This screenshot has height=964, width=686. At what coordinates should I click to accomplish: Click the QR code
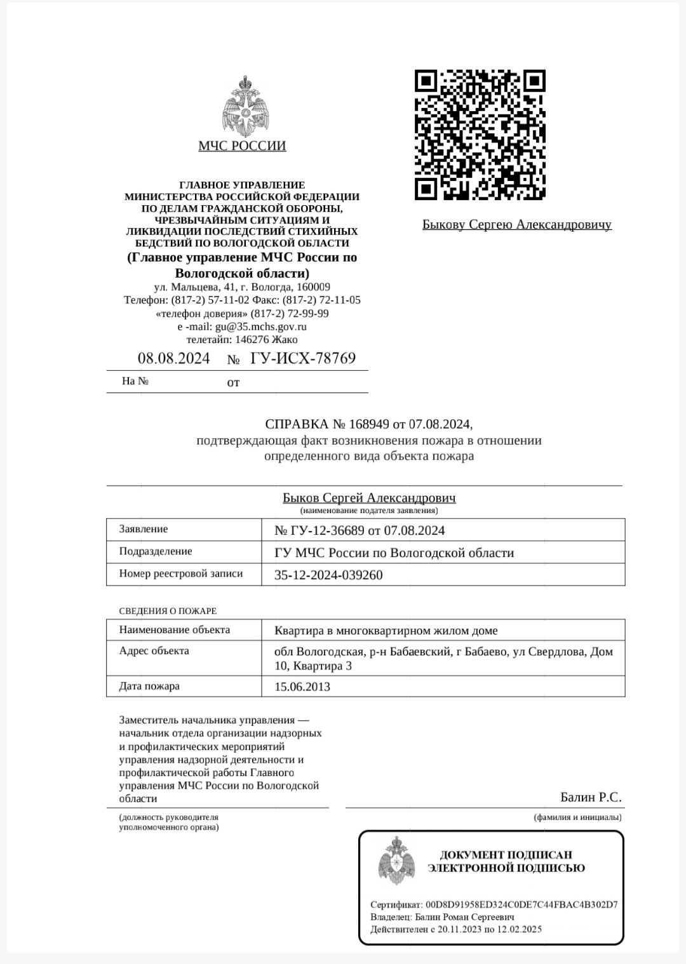pyautogui.click(x=480, y=135)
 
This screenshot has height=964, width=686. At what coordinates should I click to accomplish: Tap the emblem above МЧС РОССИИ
pyautogui.click(x=242, y=106)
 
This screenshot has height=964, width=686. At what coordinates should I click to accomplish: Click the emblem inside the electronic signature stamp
pyautogui.click(x=396, y=862)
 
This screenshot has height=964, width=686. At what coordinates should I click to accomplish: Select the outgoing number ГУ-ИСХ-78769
pyautogui.click(x=303, y=358)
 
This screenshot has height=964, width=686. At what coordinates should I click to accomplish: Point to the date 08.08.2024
pyautogui.click(x=173, y=358)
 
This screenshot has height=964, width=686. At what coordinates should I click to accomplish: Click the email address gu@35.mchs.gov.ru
pyautogui.click(x=260, y=326)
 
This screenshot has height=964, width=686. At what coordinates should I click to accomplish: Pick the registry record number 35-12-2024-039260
pyautogui.click(x=328, y=575)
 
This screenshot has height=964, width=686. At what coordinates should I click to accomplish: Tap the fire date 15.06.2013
pyautogui.click(x=302, y=686)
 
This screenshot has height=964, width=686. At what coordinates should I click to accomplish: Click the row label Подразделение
pyautogui.click(x=156, y=551)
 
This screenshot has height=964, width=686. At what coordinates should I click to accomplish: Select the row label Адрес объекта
pyautogui.click(x=154, y=650)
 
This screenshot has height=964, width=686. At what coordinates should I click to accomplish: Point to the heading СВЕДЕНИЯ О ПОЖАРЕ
pyautogui.click(x=168, y=611)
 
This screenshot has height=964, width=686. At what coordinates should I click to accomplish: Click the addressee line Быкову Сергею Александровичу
pyautogui.click(x=516, y=224)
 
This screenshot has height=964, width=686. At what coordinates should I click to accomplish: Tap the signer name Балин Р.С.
pyautogui.click(x=591, y=797)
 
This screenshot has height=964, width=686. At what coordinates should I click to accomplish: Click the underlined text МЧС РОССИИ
pyautogui.click(x=242, y=146)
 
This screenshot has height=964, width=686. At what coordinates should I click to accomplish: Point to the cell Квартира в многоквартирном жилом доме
pyautogui.click(x=386, y=631)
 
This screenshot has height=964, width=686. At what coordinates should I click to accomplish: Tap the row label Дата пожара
pyautogui.click(x=149, y=686)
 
